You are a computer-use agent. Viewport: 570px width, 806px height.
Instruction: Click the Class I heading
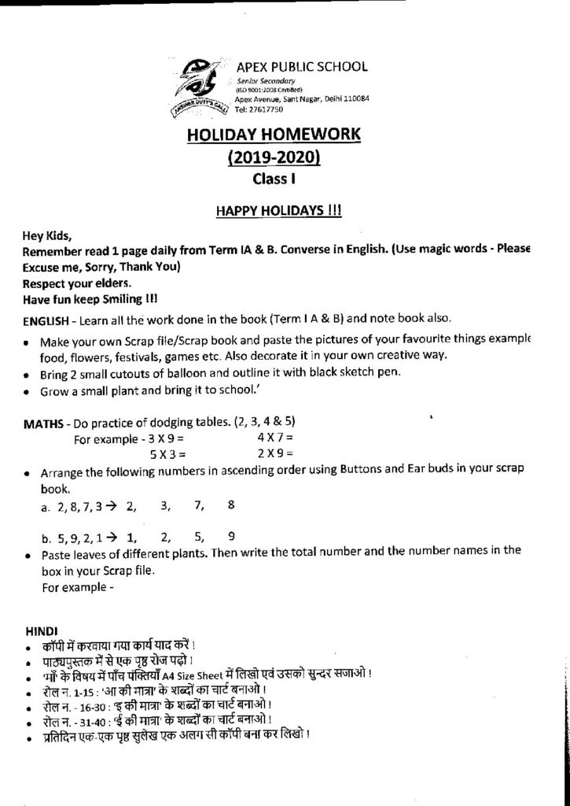(x=274, y=179)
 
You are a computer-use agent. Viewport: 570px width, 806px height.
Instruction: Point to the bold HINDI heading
(x=40, y=630)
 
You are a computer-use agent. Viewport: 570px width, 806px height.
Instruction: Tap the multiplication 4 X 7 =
(x=274, y=437)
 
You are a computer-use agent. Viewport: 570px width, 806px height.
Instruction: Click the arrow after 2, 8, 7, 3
(x=112, y=504)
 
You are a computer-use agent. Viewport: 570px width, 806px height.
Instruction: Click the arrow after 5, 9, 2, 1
(x=112, y=538)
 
